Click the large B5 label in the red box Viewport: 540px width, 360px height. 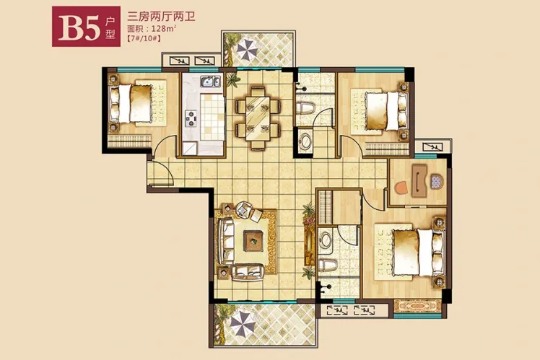(x=79, y=27)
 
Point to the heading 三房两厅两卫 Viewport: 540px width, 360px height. (x=161, y=16)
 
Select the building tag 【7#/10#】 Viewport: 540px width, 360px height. (x=144, y=38)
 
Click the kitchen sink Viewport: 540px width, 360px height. (x=210, y=82)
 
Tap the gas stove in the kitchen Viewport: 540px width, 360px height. (x=191, y=118)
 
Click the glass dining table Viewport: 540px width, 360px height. (x=258, y=118)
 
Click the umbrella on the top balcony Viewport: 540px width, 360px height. (x=247, y=49)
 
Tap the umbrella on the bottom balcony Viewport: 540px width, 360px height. (x=242, y=322)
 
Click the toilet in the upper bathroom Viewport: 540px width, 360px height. (x=305, y=107)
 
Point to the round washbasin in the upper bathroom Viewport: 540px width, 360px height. (x=305, y=141)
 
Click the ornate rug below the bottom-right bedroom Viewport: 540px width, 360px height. (x=418, y=306)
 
